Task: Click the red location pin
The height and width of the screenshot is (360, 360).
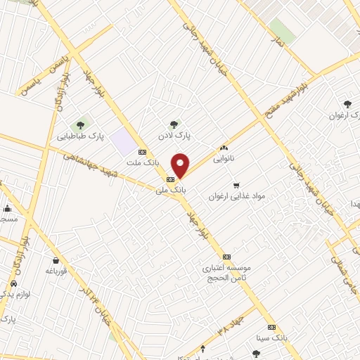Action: (x=181, y=165)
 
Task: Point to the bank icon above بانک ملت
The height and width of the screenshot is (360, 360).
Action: (x=143, y=151)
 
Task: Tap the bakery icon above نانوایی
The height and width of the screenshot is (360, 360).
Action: (x=225, y=148)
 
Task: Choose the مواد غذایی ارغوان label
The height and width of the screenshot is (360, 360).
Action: (x=235, y=197)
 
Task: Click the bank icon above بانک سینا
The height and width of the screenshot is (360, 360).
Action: (x=271, y=328)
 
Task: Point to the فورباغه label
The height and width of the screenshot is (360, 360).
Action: (x=56, y=270)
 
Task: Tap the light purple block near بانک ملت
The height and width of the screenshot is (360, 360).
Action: (x=124, y=142)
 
